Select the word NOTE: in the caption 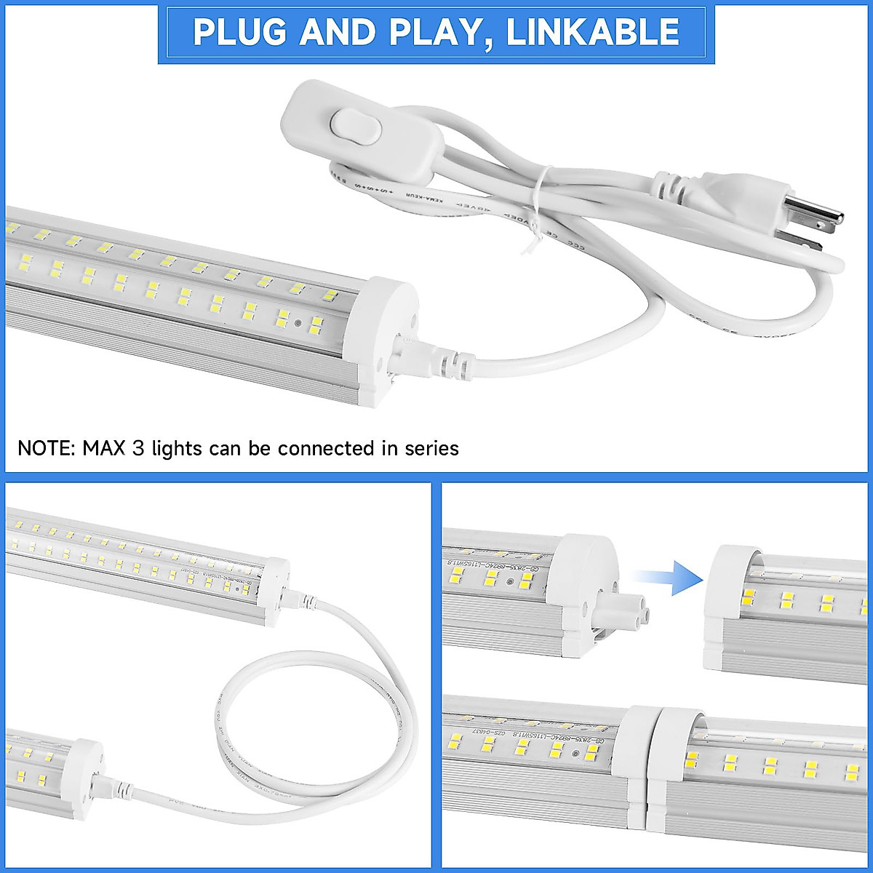pyautogui.click(x=47, y=448)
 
